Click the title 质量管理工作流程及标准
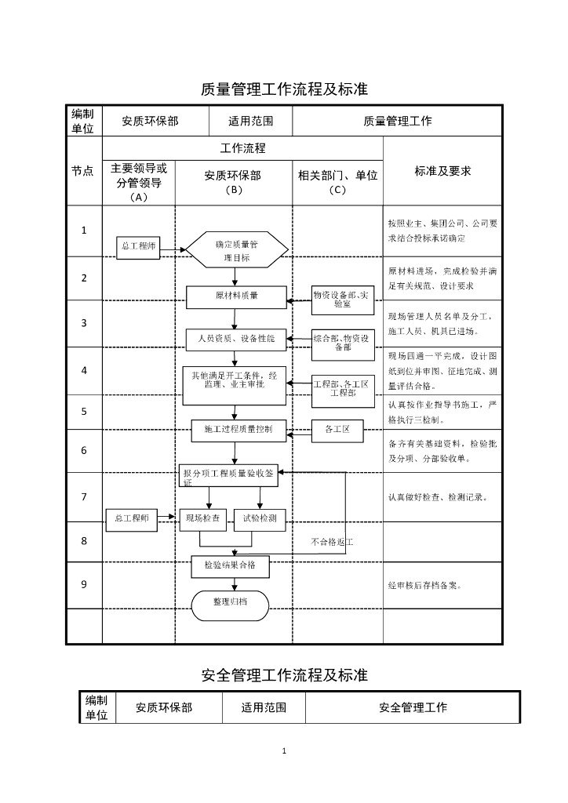click(284, 89)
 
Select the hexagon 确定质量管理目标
click(236, 250)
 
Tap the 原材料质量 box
click(236, 296)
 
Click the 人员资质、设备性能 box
click(236, 339)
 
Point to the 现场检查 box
click(204, 518)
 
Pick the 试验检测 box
click(260, 518)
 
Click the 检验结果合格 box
click(231, 565)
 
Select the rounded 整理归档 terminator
click(230, 602)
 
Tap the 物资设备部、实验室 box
click(343, 299)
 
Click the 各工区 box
click(342, 430)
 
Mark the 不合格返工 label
click(332, 542)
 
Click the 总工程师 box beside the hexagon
click(138, 247)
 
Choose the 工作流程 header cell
click(242, 147)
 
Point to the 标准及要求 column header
click(442, 171)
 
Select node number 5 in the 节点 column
click(84, 411)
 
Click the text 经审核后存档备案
click(424, 585)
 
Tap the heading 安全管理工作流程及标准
click(284, 674)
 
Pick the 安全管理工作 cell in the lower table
click(413, 707)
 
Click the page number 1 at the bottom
click(284, 751)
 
